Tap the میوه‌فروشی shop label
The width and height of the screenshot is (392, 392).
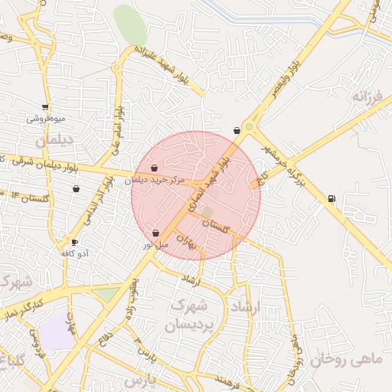[46, 119]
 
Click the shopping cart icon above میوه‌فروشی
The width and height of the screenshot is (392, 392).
[46, 107]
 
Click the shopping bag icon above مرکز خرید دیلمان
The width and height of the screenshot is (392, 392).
[155, 168]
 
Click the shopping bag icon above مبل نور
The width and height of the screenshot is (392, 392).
[156, 233]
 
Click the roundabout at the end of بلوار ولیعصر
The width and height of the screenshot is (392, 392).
[249, 127]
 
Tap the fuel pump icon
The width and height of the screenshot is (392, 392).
[332, 199]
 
